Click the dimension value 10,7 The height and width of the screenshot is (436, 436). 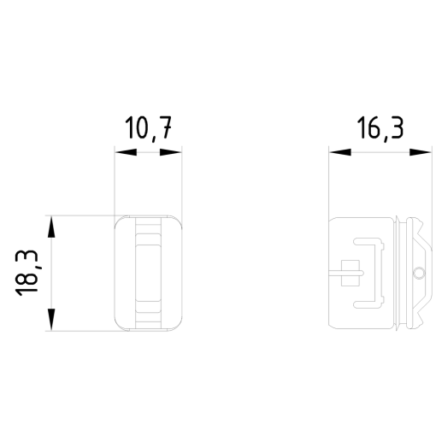150,131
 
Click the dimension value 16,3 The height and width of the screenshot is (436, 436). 380,130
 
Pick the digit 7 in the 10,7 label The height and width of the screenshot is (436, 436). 170,131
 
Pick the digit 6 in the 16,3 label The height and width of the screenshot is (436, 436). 373,130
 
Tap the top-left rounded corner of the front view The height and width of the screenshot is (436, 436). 119,220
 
